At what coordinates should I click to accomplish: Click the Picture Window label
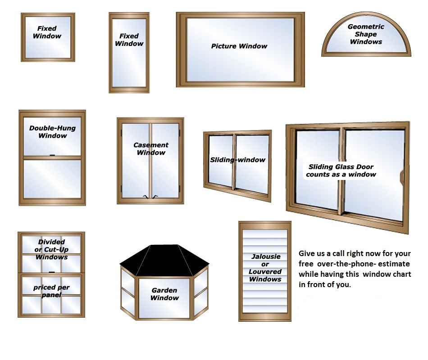(x=239, y=46)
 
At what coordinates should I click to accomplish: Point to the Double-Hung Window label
(x=52, y=132)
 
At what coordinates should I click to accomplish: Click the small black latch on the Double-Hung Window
(x=52, y=155)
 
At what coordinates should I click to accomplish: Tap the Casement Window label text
(x=151, y=149)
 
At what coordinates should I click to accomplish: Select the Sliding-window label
(x=237, y=160)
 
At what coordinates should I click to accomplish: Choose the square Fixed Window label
(x=47, y=32)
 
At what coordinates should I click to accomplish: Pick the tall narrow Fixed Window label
(x=129, y=40)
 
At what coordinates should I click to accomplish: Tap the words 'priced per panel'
(x=51, y=291)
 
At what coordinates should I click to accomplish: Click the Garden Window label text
(x=164, y=294)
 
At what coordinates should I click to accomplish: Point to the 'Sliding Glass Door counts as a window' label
(x=341, y=171)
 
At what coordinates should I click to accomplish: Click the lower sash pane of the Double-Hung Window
(x=52, y=179)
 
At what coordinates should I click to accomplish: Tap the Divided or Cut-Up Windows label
(x=51, y=249)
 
